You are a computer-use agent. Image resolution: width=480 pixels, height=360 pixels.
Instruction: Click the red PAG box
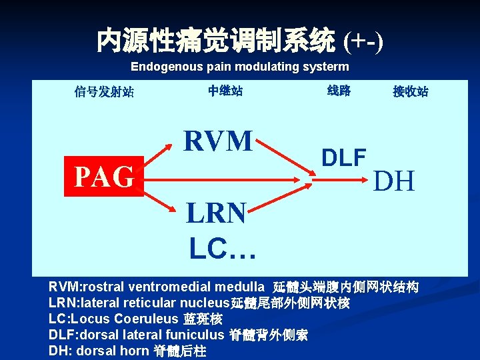(x=104, y=176)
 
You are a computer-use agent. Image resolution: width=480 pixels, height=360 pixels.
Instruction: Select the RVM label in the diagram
(x=218, y=141)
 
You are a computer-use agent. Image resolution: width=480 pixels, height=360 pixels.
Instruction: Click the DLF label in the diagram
(x=344, y=157)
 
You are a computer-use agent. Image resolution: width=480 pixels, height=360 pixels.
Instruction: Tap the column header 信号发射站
(x=104, y=92)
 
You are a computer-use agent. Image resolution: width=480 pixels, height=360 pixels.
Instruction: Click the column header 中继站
(x=225, y=91)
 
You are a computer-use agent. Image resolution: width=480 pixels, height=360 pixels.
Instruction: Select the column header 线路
(x=339, y=91)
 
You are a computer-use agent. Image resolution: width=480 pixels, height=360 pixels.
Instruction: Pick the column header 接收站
(x=410, y=91)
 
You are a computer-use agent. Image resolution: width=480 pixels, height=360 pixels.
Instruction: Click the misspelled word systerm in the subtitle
(x=327, y=67)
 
